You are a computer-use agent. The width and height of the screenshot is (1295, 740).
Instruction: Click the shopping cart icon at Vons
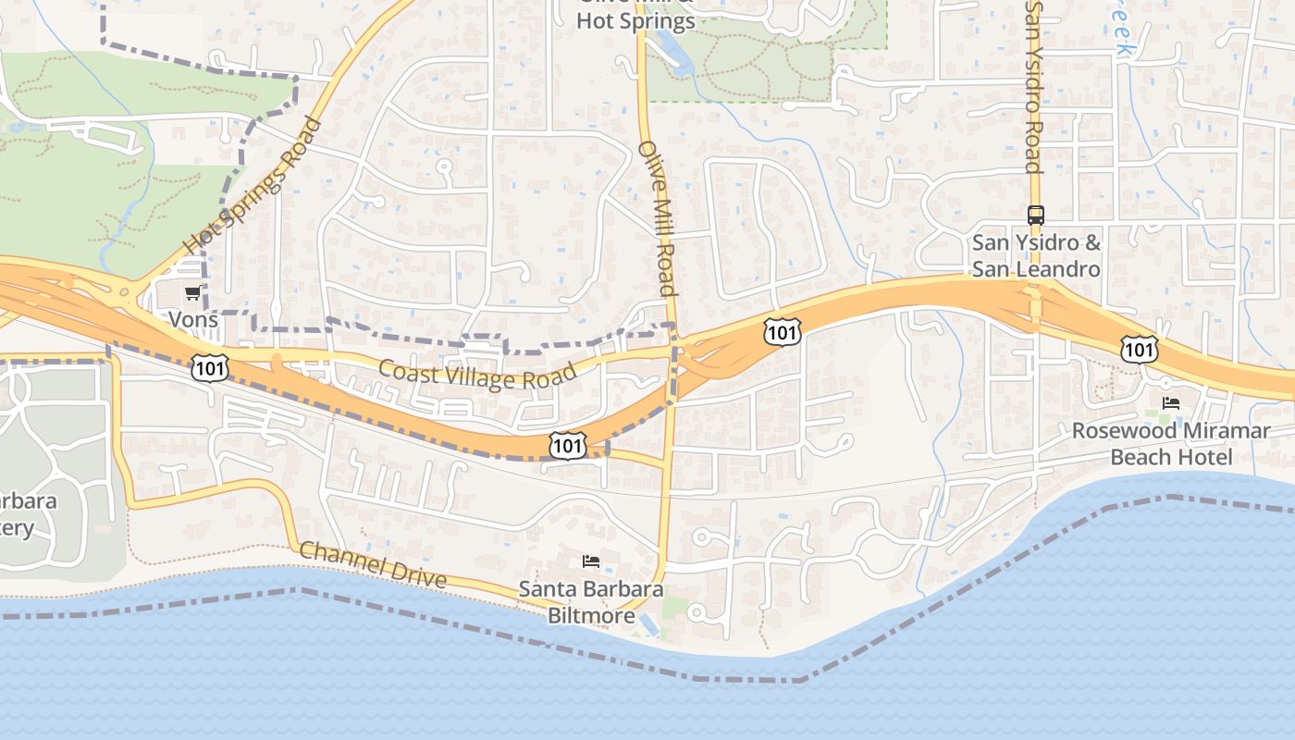pos(192,293)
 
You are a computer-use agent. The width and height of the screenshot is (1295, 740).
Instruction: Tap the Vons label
pos(193,320)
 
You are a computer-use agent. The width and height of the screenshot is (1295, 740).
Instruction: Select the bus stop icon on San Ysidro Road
pos(1035,216)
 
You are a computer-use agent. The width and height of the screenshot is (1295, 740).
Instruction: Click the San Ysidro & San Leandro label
pos(1036,256)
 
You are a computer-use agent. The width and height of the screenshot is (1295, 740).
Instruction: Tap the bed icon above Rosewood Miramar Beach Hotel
pos(1171,403)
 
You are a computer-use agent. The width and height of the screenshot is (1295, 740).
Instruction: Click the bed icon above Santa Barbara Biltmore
pos(591,561)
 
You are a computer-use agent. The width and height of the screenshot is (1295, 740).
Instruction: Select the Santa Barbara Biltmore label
pos(591,601)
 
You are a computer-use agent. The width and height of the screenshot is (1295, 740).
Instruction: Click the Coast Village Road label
pos(477,374)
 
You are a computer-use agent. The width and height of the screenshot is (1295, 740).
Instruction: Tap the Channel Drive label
pos(374,564)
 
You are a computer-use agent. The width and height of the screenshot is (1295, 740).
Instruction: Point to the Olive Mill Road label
pos(658,218)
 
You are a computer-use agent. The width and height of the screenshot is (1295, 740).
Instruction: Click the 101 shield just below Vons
pos(210,366)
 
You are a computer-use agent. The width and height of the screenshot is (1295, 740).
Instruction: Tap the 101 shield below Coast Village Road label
pos(567,445)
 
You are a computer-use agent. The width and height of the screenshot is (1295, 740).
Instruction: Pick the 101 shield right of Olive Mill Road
pos(782,331)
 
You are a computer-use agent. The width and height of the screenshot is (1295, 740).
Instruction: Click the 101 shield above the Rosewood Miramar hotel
pos(1138,349)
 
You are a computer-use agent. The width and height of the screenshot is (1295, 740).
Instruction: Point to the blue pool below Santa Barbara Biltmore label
pos(650,626)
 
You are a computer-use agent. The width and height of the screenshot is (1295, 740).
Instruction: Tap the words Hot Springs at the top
pos(635,20)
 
